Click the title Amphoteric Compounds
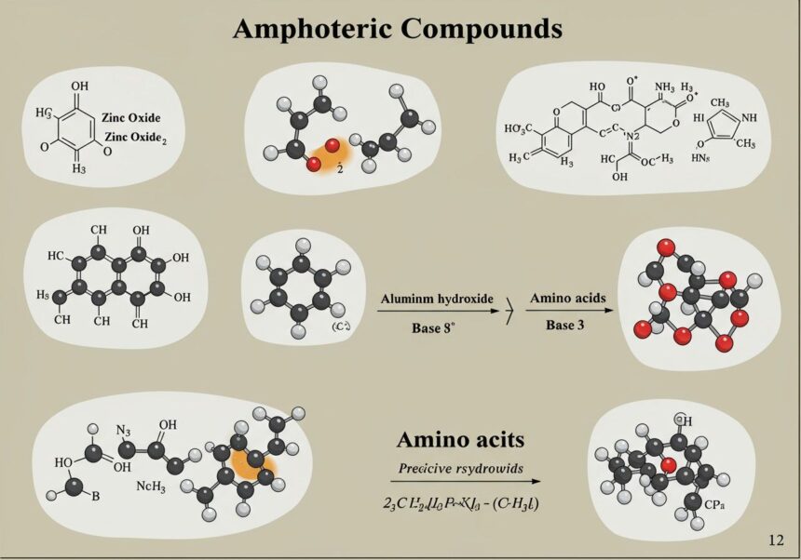397,29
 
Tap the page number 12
776,540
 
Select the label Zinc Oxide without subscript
132,118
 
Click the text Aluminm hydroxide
436,300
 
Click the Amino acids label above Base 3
567,298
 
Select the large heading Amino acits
459,440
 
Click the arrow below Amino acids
568,311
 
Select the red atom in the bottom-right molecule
669,464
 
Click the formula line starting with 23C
453,503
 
